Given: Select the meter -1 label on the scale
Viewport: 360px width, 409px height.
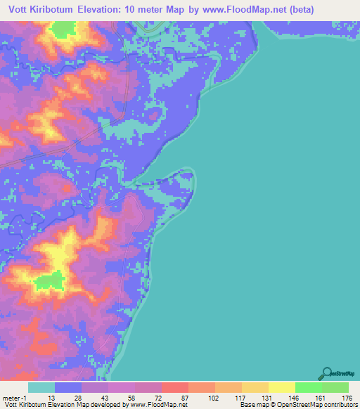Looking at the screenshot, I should coord(15,398).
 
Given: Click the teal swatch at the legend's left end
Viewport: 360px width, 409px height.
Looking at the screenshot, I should coord(41,387).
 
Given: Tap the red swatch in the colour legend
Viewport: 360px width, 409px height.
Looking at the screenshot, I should coord(174,387).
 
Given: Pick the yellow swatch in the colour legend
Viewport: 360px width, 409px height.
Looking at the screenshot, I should coord(281,387).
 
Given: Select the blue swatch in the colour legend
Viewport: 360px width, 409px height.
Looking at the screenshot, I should coord(67,387).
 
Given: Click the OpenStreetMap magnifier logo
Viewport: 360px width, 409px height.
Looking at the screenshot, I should coord(328,373).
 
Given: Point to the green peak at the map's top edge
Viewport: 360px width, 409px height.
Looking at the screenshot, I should coord(63,30).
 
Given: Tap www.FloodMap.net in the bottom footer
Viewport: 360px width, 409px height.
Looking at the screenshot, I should coord(155,405).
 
